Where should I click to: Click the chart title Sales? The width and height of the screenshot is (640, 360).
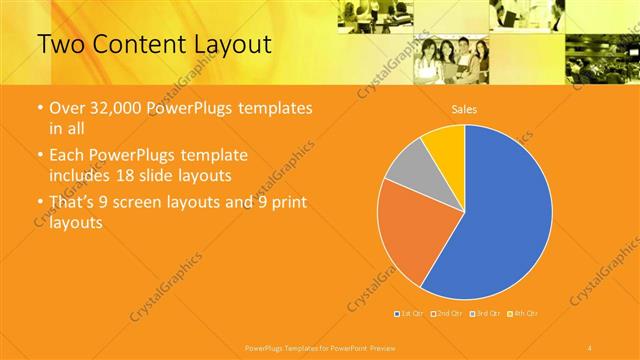pos(464,109)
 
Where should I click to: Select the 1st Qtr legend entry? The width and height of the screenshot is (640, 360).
pos(411,314)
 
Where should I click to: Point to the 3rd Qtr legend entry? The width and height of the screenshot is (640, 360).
pos(487,314)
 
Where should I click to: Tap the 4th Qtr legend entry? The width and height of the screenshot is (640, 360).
pos(526,314)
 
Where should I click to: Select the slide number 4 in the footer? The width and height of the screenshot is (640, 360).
pos(591,347)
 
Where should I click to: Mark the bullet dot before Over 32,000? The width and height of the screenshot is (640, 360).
pos(39,108)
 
